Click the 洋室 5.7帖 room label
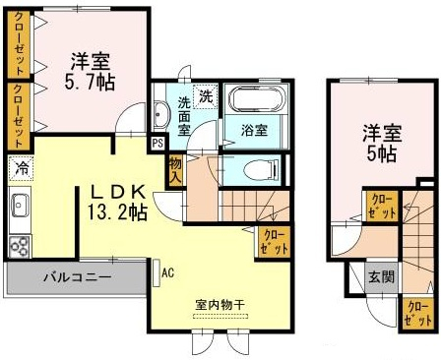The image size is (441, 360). point(90,72)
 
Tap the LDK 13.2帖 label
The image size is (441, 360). point(117,203)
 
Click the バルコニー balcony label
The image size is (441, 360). point(78,277)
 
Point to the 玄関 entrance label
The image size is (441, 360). point(381,277)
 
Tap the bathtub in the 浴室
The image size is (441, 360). point(257,99)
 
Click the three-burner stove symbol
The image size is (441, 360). point(20,246)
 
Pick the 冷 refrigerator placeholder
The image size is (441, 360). point(22,169)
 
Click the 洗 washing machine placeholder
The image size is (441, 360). point(206,96)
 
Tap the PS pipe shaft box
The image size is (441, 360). point(157,144)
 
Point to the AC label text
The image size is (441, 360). point(168,272)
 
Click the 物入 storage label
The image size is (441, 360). point(175,170)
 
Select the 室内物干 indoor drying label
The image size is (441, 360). point(220,305)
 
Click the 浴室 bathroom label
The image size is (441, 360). point(254,130)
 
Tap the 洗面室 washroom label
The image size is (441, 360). point(184,117)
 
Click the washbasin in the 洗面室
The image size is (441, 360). point(161,114)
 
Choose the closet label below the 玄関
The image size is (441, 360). point(418,314)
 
